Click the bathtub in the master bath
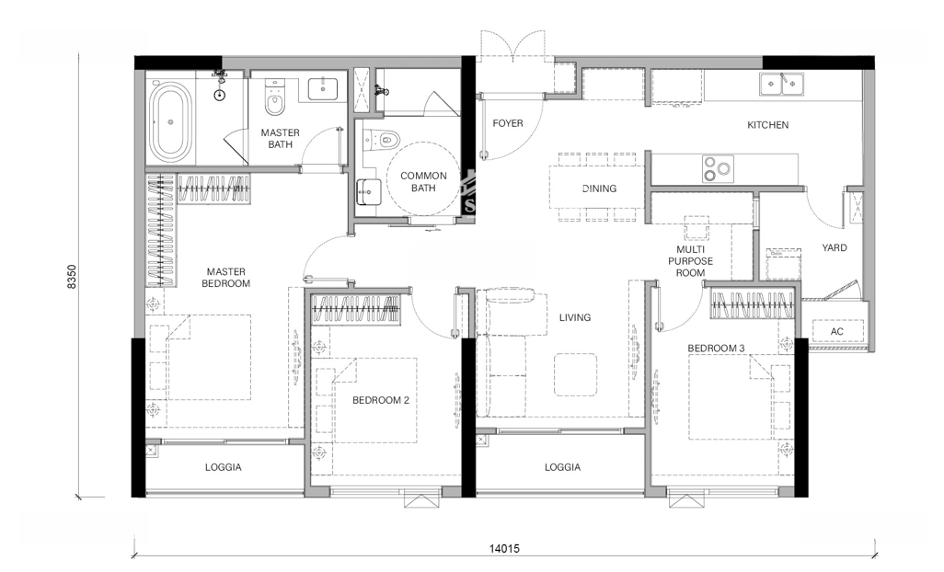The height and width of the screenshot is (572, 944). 170,122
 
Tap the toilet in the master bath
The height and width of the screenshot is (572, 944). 274,99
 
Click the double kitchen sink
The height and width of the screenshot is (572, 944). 781,85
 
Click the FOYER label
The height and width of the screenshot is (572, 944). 508,123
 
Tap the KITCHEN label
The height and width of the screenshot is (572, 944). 767,125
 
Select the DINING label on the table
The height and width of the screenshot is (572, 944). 599,189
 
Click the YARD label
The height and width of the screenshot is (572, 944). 834,247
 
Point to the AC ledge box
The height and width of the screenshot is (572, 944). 837,331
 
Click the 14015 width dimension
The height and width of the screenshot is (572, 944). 504,548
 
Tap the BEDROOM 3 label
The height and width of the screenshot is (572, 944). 716,349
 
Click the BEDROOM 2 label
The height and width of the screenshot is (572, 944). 381,400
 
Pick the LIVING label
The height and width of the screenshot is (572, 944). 575,317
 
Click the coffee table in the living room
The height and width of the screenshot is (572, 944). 576,374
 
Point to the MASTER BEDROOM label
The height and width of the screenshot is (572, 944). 225,278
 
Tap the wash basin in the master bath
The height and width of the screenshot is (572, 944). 327,88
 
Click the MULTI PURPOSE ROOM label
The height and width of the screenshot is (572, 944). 690,261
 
